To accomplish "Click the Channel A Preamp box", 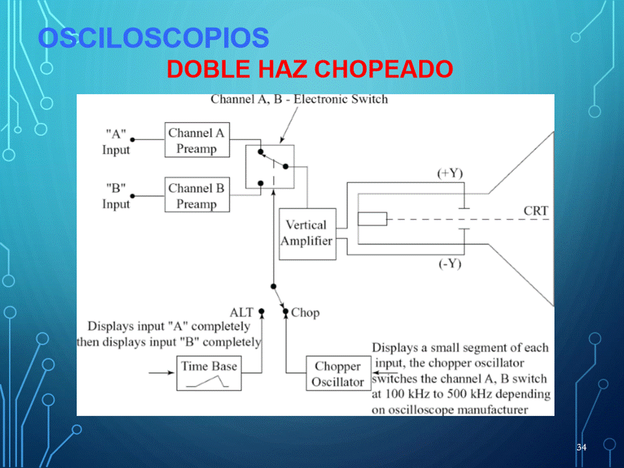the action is click(197, 140).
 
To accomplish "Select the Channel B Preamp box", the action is click(197, 194).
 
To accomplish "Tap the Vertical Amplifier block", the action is click(307, 234).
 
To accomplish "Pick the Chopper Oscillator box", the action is click(338, 373).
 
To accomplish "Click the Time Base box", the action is click(209, 373).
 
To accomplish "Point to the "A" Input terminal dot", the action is click(133, 140).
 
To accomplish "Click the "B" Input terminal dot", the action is click(133, 196).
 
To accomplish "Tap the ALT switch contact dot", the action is click(261, 311).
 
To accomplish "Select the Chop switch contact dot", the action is click(285, 311).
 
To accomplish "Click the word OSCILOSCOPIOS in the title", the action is click(153, 38).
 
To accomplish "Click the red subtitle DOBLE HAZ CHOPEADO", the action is click(309, 69).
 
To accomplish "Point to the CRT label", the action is click(536, 211).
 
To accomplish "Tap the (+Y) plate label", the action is click(450, 174).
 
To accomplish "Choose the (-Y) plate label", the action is click(450, 264).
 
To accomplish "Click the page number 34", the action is click(581, 447).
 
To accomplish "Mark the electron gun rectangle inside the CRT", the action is click(372, 219).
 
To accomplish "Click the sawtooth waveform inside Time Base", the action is click(207, 382).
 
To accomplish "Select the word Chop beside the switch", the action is click(305, 313).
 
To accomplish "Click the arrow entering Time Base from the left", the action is click(162, 373).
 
